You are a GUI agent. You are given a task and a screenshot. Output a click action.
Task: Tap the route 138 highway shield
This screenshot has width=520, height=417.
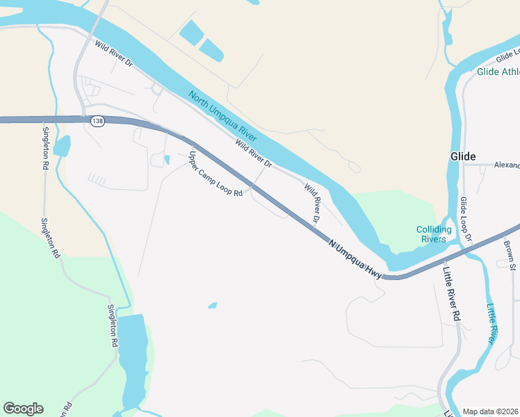(97, 120)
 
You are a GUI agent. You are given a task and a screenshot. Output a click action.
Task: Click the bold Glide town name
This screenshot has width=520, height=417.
(463, 156)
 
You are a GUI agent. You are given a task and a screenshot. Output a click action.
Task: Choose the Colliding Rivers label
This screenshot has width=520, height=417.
(434, 234)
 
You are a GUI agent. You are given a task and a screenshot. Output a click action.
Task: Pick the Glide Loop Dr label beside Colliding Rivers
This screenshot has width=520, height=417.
(465, 220)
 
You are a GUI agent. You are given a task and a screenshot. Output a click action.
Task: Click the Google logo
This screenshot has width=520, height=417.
(23, 409)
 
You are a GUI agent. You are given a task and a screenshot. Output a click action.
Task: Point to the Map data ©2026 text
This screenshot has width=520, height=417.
(491, 411)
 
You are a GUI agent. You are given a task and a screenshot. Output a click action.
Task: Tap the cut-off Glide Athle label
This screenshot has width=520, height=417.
(498, 72)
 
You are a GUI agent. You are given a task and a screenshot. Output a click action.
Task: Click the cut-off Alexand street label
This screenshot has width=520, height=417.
(507, 165)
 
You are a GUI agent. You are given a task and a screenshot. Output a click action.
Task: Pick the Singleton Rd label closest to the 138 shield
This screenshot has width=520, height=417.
(45, 148)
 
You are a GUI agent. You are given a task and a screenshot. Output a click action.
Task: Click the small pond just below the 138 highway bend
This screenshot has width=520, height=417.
(167, 160)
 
